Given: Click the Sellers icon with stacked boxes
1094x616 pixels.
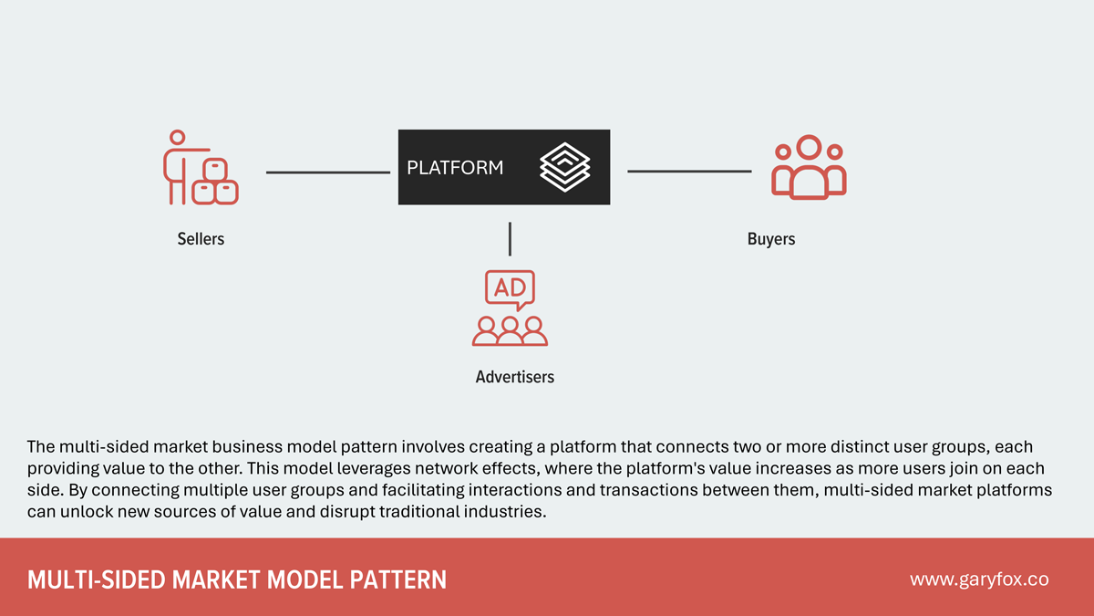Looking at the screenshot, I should click(x=201, y=168).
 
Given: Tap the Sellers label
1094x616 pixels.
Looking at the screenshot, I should click(x=201, y=239).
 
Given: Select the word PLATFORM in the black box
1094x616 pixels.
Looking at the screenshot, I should click(x=455, y=168).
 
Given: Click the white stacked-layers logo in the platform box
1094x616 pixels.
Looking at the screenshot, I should click(x=565, y=167).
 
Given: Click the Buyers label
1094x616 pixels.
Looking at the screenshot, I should click(x=771, y=239).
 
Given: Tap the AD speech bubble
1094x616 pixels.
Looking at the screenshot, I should click(x=510, y=288).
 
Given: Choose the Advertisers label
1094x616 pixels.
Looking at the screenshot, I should click(x=514, y=376).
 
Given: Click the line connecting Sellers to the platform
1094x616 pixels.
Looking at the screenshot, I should click(x=327, y=172).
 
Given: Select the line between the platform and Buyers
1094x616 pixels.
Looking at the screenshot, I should click(x=689, y=172).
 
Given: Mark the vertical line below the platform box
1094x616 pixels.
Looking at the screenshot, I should click(x=510, y=238).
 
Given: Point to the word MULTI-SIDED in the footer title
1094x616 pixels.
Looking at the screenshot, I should click(x=82, y=579).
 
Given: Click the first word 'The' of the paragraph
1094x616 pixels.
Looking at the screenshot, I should click(x=41, y=447).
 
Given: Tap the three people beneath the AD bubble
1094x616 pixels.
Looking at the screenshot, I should click(x=510, y=330).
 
